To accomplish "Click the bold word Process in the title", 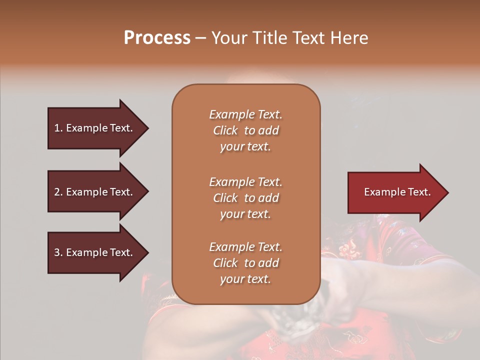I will pos(157,38).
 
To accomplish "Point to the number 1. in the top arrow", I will pos(58,128).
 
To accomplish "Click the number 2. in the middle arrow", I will pos(58,192).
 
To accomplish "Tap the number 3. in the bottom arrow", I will pos(58,252).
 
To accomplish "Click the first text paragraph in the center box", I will pos(245,130).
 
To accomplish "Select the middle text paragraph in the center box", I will pos(245,198).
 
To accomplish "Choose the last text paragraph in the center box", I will pos(245,263).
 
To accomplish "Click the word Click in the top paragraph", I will pos(225,130).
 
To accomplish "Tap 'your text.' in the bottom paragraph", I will pos(245,279).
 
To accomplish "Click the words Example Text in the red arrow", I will pos(397,192).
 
